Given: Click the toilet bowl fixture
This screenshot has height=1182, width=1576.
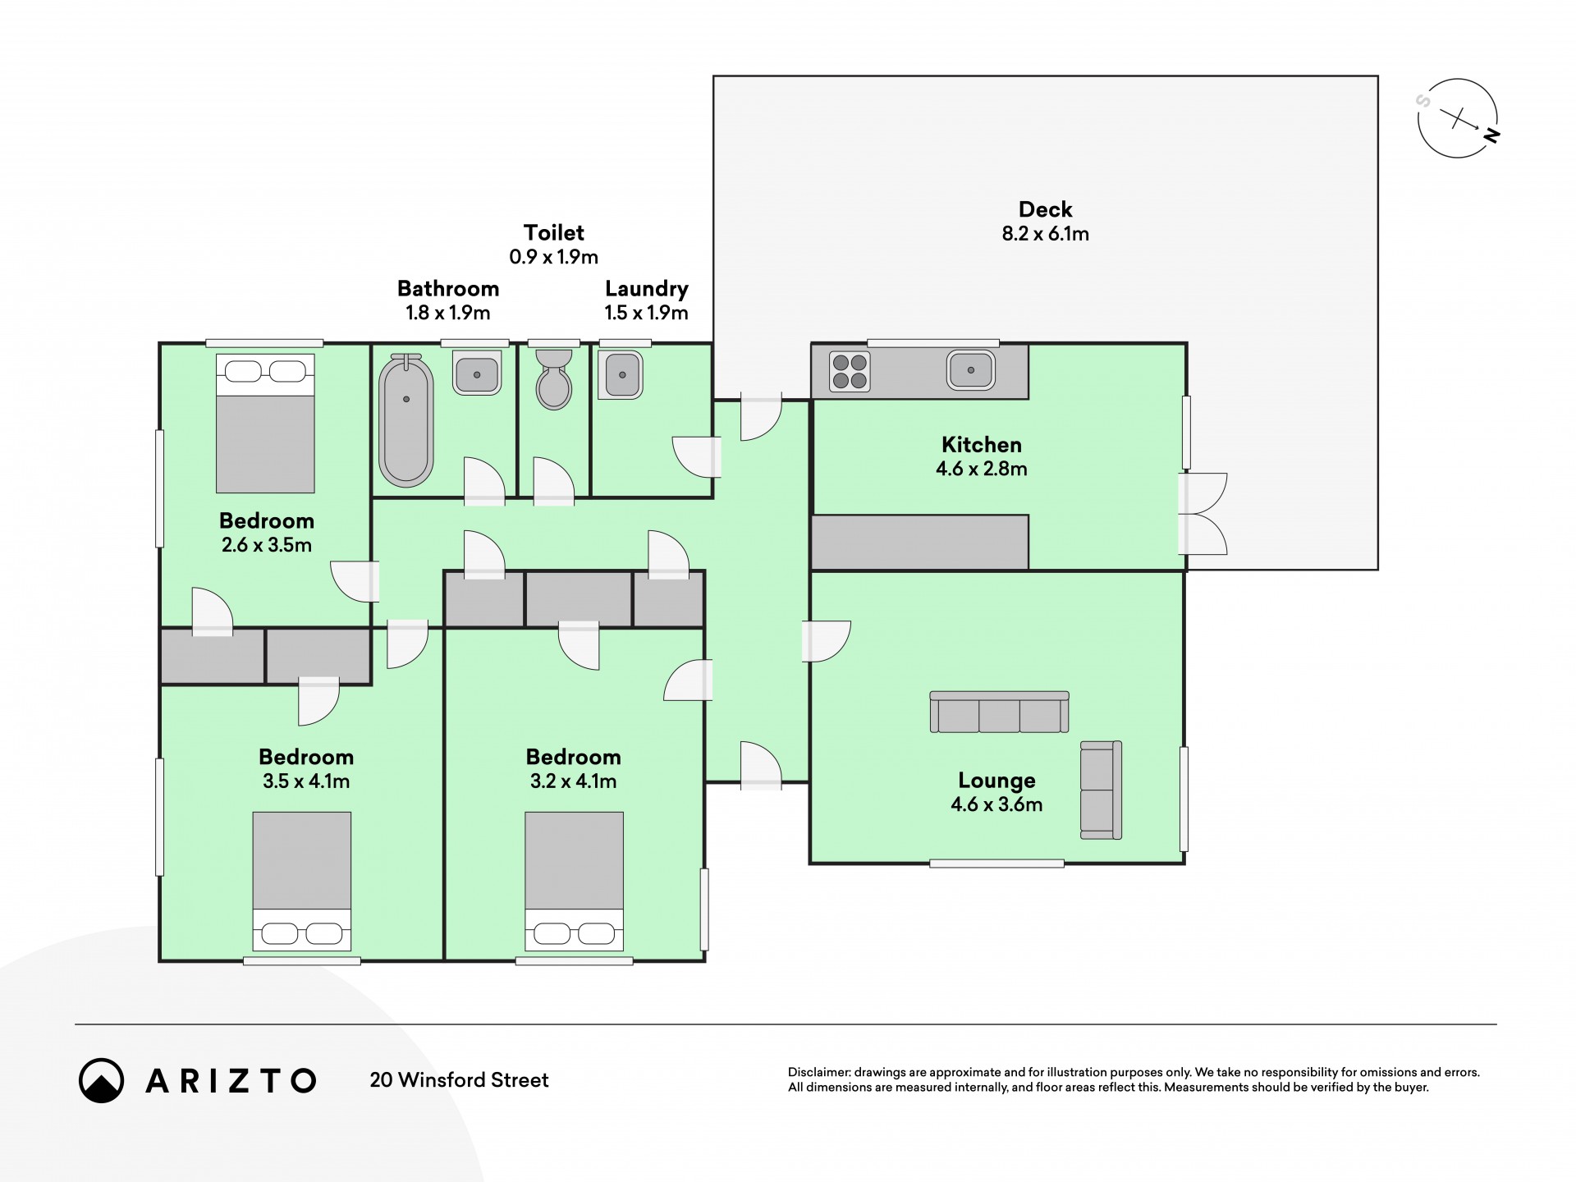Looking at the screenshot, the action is (554, 379).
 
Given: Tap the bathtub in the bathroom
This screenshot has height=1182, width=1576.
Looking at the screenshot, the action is (405, 420).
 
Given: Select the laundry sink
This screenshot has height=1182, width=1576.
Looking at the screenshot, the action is (621, 374).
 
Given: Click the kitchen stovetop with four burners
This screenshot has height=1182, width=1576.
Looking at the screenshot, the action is (849, 371).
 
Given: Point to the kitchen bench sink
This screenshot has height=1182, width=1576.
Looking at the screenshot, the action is (971, 370).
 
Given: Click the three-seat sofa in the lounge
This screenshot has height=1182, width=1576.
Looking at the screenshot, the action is (999, 712).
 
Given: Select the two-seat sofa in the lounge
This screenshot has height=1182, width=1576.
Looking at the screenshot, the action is (1101, 790).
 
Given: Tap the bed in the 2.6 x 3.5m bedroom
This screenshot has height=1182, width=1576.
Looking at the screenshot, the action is (265, 424).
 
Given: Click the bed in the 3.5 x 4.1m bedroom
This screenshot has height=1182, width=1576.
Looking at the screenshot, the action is (302, 882).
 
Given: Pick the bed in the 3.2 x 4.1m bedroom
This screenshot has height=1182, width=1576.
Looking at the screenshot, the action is (574, 882).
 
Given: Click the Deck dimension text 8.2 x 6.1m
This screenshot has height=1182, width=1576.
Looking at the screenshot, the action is (1045, 234).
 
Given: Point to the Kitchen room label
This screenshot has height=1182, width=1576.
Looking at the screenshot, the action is (982, 445).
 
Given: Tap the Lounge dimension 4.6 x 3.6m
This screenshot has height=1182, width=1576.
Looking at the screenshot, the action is (996, 804).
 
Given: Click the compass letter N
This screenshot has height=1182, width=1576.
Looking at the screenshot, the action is (1491, 136).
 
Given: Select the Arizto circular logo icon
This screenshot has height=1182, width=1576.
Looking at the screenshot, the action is (101, 1080).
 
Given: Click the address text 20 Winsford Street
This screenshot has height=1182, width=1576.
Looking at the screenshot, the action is (459, 1080).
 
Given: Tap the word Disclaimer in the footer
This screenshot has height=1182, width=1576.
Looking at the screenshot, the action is (818, 1072).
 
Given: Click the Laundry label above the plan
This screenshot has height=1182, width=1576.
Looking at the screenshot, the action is (647, 289).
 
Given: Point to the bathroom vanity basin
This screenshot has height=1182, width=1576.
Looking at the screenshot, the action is (477, 373).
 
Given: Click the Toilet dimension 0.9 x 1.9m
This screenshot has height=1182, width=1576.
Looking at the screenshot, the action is (554, 257).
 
